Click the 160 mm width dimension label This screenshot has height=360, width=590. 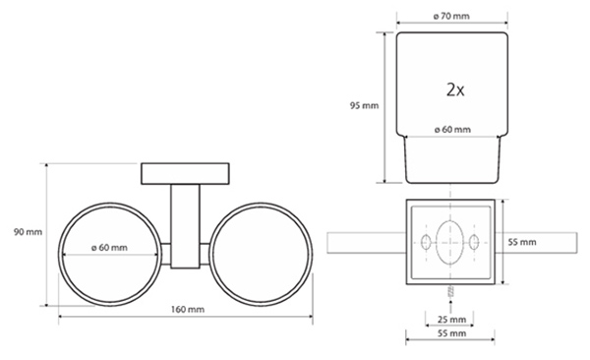(x=188, y=310)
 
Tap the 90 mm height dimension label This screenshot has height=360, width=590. (x=28, y=232)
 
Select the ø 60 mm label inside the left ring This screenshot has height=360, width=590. (x=109, y=248)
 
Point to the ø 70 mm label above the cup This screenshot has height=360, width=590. (x=451, y=16)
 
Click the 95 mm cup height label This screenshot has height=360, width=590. (x=364, y=105)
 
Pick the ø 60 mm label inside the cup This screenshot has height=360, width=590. (x=452, y=130)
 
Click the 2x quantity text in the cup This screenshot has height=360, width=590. (x=455, y=90)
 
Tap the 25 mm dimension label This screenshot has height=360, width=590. (x=451, y=320)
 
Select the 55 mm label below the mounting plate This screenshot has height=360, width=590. (x=451, y=333)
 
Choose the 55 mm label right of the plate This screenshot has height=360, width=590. (x=522, y=242)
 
